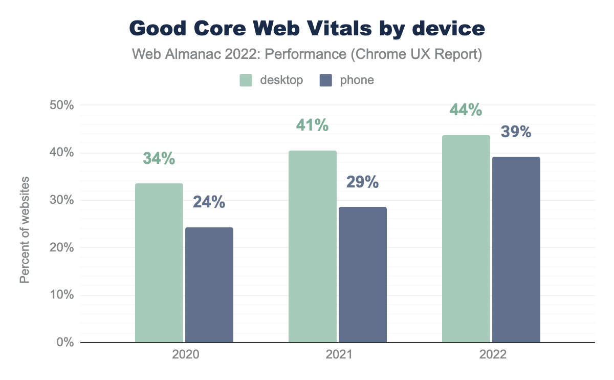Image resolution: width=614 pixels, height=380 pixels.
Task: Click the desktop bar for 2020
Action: point(159,263)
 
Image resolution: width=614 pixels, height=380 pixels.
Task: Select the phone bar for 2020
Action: point(209,285)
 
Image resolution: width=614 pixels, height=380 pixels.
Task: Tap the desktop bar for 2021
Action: point(313,246)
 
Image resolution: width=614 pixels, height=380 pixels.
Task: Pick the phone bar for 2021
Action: point(363,275)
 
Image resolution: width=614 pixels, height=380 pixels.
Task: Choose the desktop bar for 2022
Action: point(466,239)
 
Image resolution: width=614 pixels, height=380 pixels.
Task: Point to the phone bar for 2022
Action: point(516,249)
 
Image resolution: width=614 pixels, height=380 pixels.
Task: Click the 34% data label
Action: point(159,159)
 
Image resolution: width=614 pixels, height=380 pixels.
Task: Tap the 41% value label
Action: point(313,125)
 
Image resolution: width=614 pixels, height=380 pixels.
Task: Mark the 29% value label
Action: point(363,182)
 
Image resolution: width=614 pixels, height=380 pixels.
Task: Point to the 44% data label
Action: point(466,110)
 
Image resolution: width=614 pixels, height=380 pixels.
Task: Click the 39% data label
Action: point(516,132)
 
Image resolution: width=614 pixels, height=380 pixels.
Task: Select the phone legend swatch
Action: point(326,80)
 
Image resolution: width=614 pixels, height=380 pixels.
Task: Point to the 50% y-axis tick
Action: point(62,105)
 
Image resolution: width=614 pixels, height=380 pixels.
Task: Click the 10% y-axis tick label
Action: point(62,295)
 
